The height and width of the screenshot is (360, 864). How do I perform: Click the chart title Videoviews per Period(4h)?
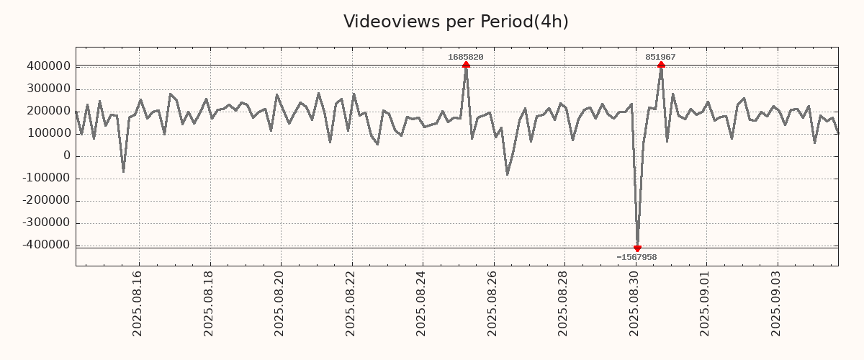(456, 22)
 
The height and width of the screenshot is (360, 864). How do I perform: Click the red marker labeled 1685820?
(466, 65)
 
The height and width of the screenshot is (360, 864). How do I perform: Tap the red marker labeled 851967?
(661, 65)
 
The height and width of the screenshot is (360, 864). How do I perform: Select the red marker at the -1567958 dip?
(637, 248)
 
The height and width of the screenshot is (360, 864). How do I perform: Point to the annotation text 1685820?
(466, 57)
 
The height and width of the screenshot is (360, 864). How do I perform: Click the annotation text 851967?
(660, 57)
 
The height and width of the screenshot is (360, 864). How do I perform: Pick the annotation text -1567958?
(636, 257)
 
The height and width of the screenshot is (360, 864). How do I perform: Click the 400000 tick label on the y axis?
(48, 66)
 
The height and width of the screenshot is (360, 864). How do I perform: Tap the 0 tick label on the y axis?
(67, 156)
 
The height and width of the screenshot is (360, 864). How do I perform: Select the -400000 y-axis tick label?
(46, 245)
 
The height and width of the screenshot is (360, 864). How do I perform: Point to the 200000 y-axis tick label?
(48, 111)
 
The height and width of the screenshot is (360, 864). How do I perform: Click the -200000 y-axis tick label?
(46, 200)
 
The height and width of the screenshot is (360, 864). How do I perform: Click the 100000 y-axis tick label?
(48, 133)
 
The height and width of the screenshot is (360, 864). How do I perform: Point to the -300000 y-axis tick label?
(46, 222)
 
